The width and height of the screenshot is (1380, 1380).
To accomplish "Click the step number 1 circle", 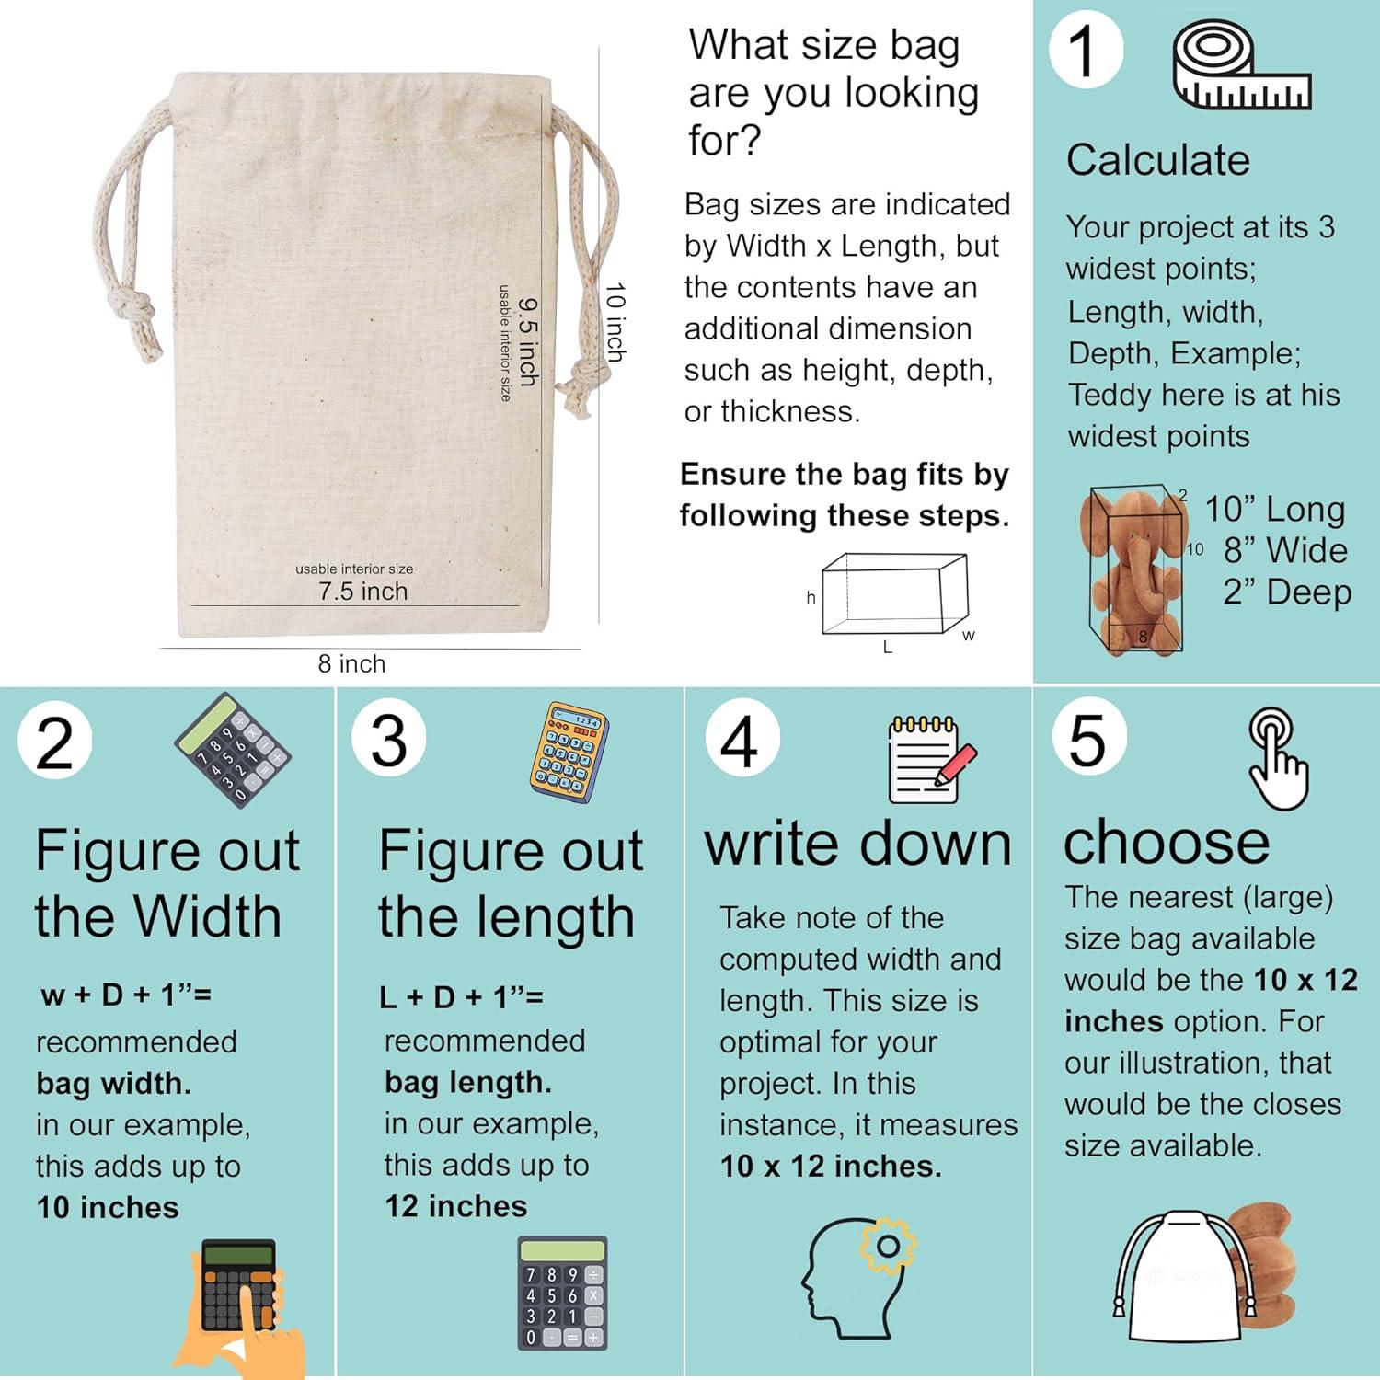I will point(1086,51).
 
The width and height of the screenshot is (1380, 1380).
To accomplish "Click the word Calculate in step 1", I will point(1158,160).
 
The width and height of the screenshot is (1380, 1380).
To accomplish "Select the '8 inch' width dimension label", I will point(351,663).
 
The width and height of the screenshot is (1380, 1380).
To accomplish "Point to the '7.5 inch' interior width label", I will point(362,592).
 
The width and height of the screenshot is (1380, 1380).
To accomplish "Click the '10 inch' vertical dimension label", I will point(615,322).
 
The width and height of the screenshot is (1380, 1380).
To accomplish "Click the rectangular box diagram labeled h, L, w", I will point(892,593).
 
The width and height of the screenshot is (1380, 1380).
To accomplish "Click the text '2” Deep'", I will point(1286,592).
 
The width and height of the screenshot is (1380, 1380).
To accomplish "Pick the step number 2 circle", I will point(54,743).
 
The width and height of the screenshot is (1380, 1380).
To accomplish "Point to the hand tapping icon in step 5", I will point(1278,759).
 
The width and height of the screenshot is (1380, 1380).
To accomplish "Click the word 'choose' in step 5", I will point(1166,842).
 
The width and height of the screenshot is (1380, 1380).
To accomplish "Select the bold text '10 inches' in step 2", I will point(108,1207).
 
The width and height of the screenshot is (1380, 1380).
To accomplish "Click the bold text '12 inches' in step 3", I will point(455,1206).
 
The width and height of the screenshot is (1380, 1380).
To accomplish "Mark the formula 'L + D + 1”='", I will point(461,997).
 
